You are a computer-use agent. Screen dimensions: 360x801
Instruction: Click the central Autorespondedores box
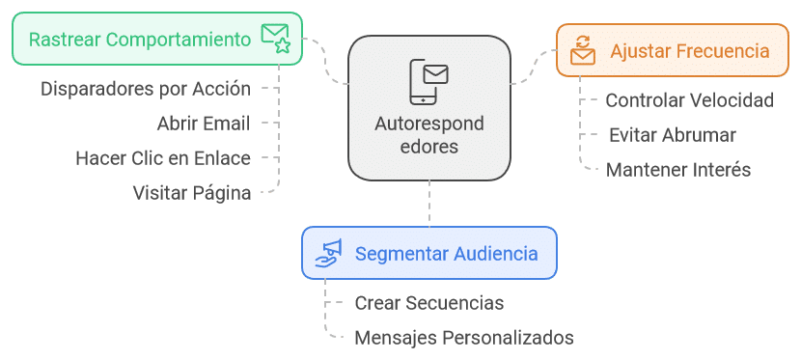coord(428,108)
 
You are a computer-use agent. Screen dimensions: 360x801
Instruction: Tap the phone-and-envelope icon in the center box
coord(428,81)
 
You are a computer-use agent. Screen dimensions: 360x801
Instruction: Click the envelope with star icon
coord(275,39)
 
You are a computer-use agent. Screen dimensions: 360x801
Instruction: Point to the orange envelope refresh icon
coord(583,51)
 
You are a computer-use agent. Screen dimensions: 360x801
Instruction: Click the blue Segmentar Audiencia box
coord(428,254)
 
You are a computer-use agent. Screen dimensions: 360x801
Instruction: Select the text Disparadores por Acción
coord(146,89)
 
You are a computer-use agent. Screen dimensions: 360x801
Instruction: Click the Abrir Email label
coord(203,124)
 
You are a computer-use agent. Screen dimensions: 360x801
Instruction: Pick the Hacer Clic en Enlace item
coord(163,158)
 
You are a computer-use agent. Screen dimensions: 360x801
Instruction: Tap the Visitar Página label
coord(192,193)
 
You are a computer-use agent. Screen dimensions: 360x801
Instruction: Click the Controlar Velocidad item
coord(689,100)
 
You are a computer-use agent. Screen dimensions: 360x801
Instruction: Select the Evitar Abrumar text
coord(673,135)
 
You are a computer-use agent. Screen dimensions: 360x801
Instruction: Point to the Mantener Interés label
coord(678,170)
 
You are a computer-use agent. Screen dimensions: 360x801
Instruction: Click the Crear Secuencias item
coord(428,303)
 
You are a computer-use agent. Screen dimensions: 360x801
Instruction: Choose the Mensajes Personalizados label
coord(464,338)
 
